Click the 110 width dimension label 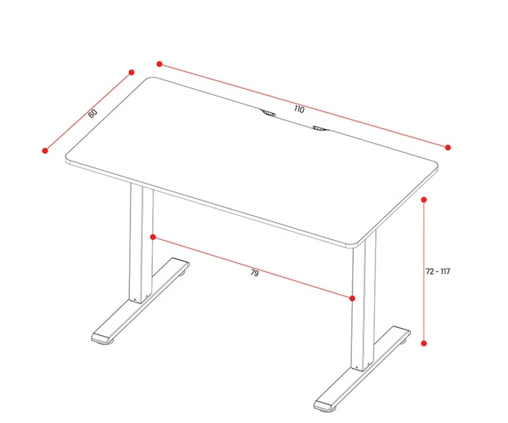(x=300, y=109)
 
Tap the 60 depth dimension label (x=93, y=113)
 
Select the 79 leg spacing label (x=255, y=273)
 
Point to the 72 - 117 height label (x=438, y=272)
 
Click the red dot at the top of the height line (x=424, y=200)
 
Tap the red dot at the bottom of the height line (x=424, y=344)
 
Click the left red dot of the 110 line (x=159, y=64)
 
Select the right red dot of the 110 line (x=448, y=148)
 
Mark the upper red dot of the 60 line (x=132, y=72)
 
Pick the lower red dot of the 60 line (x=45, y=150)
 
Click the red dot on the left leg (x=153, y=237)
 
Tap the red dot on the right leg (x=352, y=298)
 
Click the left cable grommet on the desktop (x=268, y=113)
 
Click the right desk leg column (x=364, y=300)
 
